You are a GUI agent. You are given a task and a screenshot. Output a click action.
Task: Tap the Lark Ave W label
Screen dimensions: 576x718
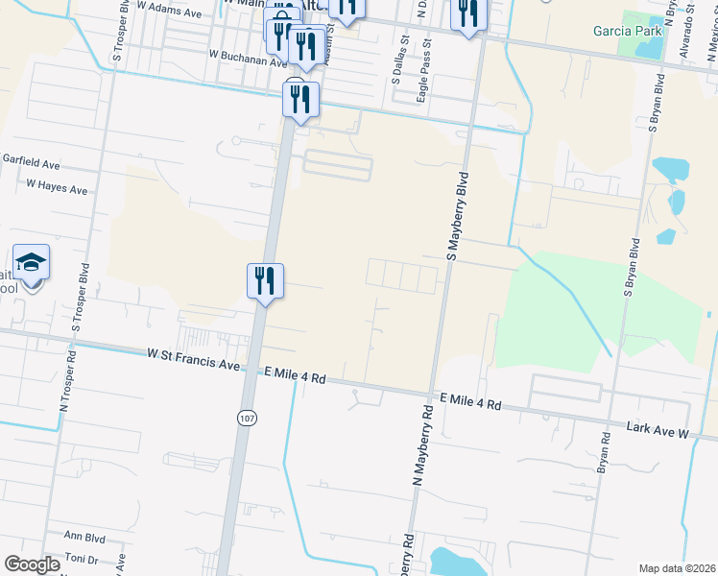coord(658,429)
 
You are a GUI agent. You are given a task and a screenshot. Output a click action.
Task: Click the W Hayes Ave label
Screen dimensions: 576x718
coord(57,186)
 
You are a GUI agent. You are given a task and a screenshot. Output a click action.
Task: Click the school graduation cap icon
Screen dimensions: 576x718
coord(32,262)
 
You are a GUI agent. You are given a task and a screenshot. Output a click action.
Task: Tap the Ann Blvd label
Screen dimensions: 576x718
coord(84,536)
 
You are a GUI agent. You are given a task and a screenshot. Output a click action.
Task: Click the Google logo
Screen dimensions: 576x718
coord(32,564)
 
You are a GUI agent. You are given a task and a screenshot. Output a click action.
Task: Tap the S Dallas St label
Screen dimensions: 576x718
coord(395,61)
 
